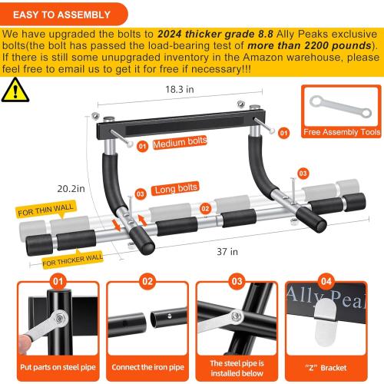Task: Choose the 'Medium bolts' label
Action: pos(179,144)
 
